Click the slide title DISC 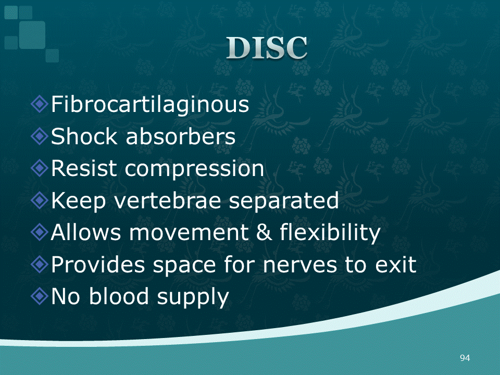click(267, 48)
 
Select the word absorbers click(181, 136)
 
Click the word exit click(396, 265)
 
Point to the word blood click(119, 296)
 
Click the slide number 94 click(465, 358)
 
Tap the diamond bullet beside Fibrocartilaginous click(40, 104)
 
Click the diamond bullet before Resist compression click(40, 168)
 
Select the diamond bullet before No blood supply click(40, 296)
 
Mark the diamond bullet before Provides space click(40, 264)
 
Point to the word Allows click(86, 232)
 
